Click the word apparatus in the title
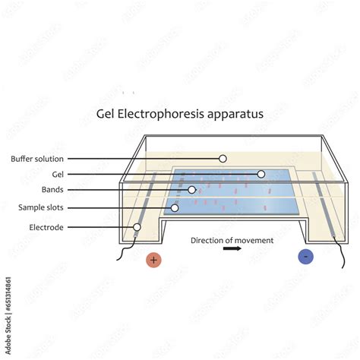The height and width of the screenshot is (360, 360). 238,115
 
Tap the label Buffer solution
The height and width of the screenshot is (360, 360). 37,159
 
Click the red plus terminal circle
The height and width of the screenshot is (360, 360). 154,260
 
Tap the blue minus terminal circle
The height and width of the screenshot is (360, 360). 305,257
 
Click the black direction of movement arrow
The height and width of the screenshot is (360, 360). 232,248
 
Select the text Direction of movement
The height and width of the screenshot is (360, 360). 232,240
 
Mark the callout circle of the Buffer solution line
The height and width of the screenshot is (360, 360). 223,159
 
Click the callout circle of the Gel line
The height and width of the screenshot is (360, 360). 261,174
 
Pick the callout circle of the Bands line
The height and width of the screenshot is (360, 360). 192,190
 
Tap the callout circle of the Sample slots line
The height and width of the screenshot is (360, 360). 175,207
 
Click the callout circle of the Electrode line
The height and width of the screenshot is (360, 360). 137,226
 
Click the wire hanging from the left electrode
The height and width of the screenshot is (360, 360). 123,251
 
